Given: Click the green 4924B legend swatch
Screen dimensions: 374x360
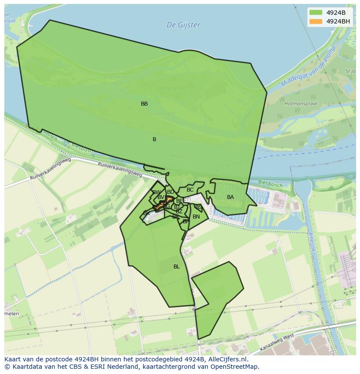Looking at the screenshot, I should pos(316,12).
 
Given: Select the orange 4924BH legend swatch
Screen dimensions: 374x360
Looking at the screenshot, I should pos(316,21).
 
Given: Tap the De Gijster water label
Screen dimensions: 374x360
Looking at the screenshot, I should pos(183,25).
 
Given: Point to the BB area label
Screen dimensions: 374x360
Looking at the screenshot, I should pos(144,104).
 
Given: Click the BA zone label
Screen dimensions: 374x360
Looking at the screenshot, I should pos(230,197).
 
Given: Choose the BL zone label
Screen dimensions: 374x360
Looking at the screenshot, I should pos(177,267).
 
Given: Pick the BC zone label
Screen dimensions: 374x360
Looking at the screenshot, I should pos(190,190).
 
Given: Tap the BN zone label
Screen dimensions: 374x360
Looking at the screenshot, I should pos(196,217).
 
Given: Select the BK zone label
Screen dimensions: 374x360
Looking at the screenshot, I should pos(147,213).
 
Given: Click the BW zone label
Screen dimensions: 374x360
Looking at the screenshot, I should pos(157,192).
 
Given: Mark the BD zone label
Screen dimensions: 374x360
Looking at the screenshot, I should pos(170,192).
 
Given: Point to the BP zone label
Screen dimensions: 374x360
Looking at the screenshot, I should pos(186,222).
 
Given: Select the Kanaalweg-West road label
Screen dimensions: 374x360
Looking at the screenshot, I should pos(277,343).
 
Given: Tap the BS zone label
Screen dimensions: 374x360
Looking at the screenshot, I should pos(198,207).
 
